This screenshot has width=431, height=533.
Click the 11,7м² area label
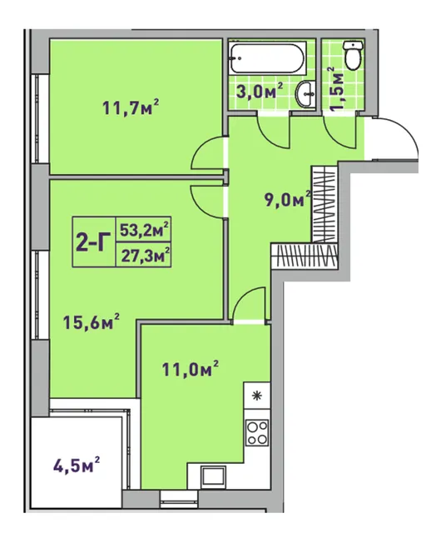pos(131,107)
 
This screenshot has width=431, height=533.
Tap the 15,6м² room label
pos(92,321)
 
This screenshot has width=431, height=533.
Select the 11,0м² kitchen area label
pos(191,369)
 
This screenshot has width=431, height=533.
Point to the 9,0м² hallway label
pos(288,199)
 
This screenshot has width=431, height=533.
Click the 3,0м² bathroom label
pos(260,91)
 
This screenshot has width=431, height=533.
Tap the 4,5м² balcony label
pos(77,466)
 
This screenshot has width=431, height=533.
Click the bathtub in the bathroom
pos(268,57)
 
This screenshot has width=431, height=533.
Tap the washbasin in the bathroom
pos(306,94)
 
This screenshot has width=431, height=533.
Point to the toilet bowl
pos(354,56)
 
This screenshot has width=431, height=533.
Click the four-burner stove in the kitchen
pos(257,431)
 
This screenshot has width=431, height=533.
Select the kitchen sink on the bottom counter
pos(213,476)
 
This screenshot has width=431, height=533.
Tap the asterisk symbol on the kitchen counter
pos(257,396)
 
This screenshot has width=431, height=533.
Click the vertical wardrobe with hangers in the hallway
pos(324,204)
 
